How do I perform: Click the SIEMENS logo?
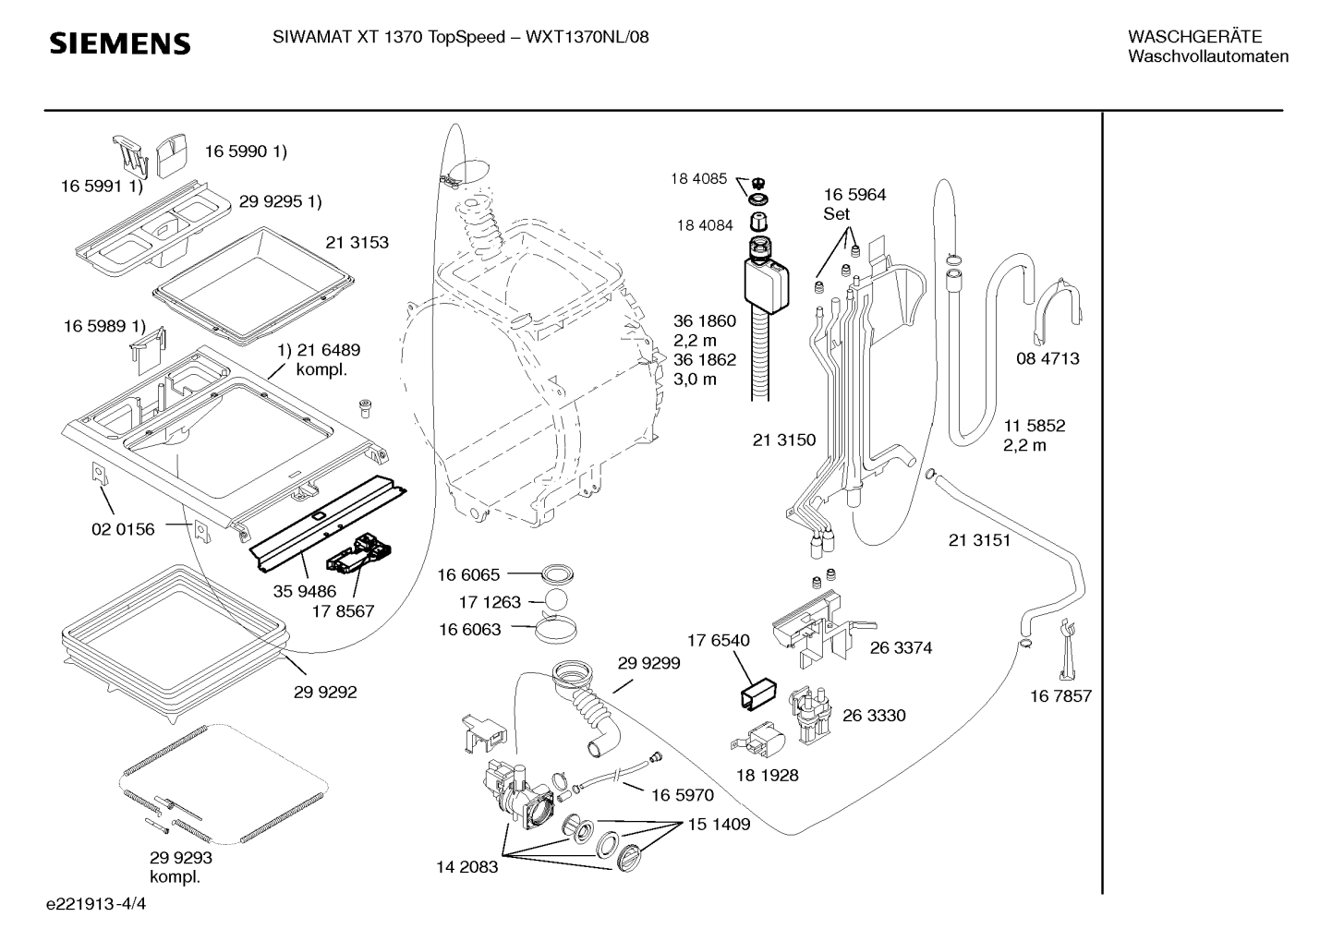click(x=120, y=43)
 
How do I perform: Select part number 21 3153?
click(x=357, y=243)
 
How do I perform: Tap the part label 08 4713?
click(x=1047, y=358)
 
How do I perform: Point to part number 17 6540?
click(x=719, y=640)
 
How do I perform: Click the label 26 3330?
click(x=874, y=715)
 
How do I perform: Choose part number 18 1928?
click(x=767, y=775)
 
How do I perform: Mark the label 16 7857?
click(x=1060, y=696)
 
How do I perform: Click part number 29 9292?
click(x=325, y=692)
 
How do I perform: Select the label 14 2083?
click(x=466, y=867)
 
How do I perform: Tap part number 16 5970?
click(x=683, y=795)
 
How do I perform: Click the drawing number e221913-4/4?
click(x=96, y=904)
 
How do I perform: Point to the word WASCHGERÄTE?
click(x=1195, y=37)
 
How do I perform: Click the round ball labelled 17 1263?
click(x=556, y=600)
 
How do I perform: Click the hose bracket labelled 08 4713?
click(x=1058, y=310)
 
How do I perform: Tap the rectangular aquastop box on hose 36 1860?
click(x=767, y=284)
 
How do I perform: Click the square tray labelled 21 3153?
click(x=253, y=286)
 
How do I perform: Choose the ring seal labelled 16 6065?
click(x=557, y=574)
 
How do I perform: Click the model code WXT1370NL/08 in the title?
click(x=587, y=37)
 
